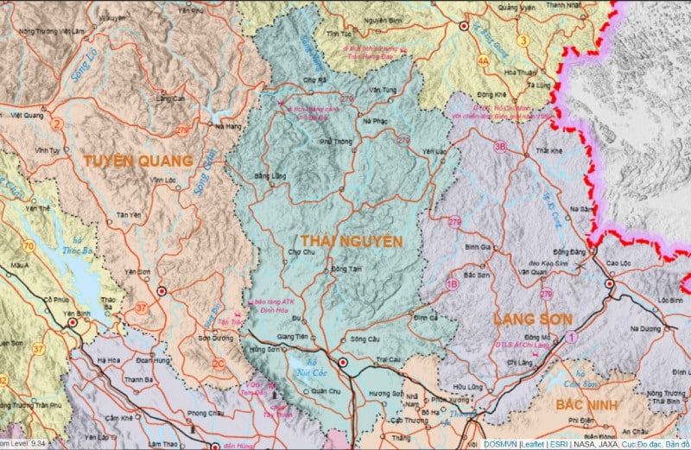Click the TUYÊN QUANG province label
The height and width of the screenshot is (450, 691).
click(138, 161)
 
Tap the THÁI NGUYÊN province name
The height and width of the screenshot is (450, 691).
click(352, 240)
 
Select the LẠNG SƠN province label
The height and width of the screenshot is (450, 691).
click(532, 320)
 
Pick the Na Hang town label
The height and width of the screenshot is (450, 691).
click(227, 126)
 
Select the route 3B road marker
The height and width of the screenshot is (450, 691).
click(499, 147)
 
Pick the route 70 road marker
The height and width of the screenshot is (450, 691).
click(29, 246)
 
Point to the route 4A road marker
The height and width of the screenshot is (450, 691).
click(484, 61)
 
